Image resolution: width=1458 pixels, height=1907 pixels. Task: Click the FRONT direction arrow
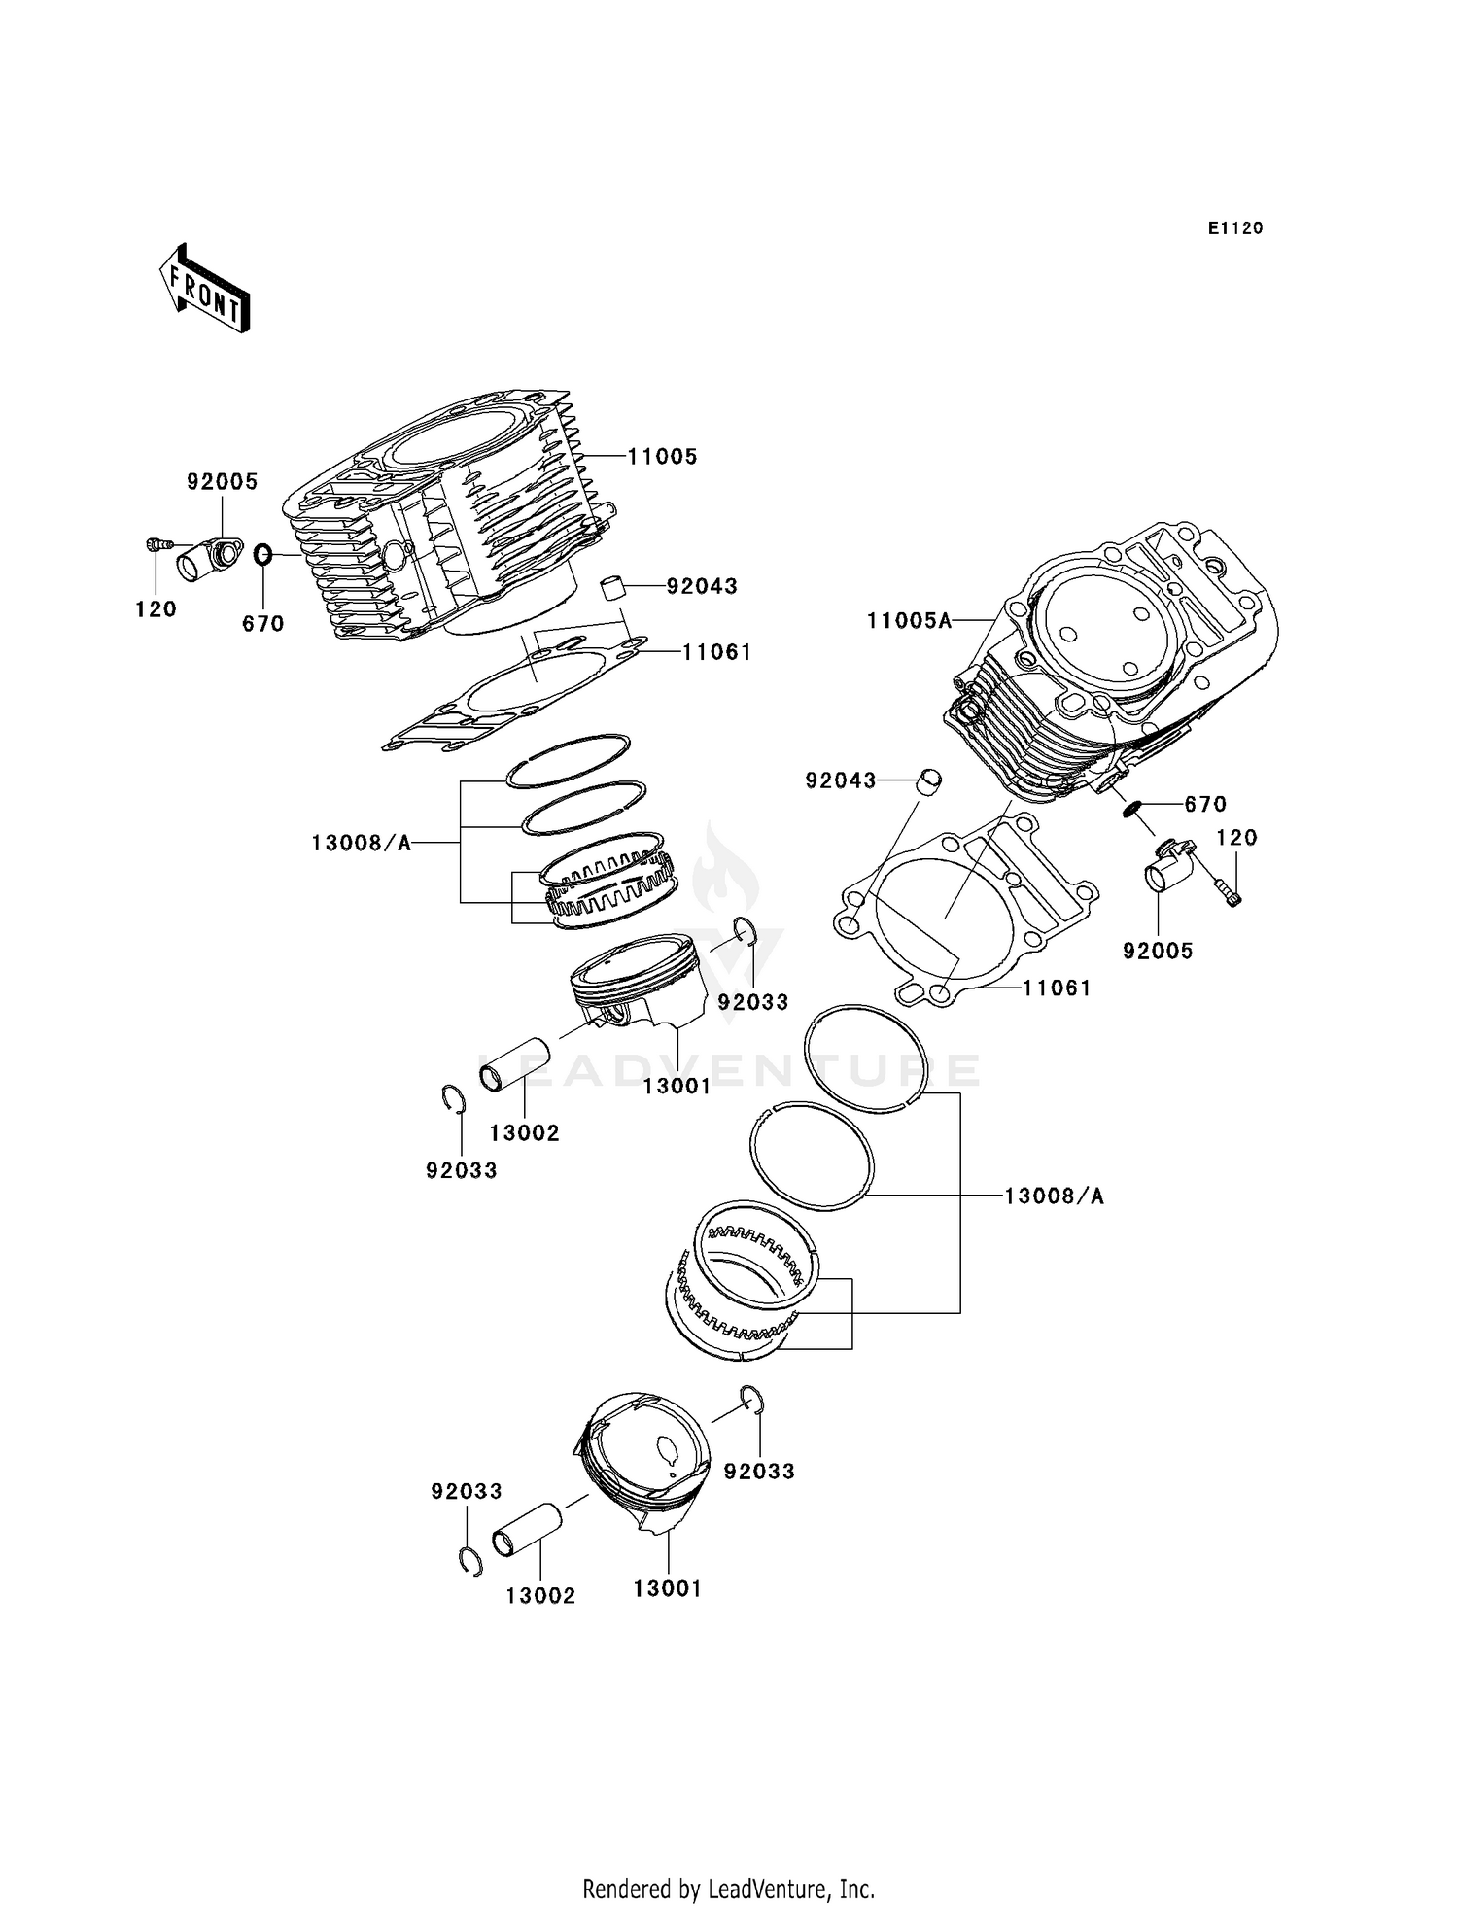tap(204, 290)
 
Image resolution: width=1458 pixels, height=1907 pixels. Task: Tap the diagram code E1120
tap(1234, 228)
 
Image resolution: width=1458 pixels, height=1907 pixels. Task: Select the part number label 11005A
tap(909, 620)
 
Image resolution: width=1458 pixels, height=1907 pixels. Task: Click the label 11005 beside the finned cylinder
tap(662, 456)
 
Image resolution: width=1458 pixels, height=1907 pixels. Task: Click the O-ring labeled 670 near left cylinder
tap(262, 555)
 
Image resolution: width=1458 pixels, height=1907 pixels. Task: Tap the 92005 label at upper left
tap(222, 481)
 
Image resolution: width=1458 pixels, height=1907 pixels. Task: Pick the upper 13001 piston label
tap(677, 1087)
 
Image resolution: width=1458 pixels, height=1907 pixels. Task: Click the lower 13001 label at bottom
tap(667, 1588)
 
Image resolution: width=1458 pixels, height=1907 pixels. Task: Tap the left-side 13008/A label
tap(362, 843)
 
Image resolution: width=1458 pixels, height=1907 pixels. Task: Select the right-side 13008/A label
tap(1054, 1196)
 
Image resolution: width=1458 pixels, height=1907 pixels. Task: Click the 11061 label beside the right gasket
tap(1057, 988)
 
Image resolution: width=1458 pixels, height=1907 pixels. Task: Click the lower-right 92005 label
tap(1158, 951)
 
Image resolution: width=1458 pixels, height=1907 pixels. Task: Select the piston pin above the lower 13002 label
tap(528, 1529)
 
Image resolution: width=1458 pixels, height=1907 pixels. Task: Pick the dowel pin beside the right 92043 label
tap(930, 779)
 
